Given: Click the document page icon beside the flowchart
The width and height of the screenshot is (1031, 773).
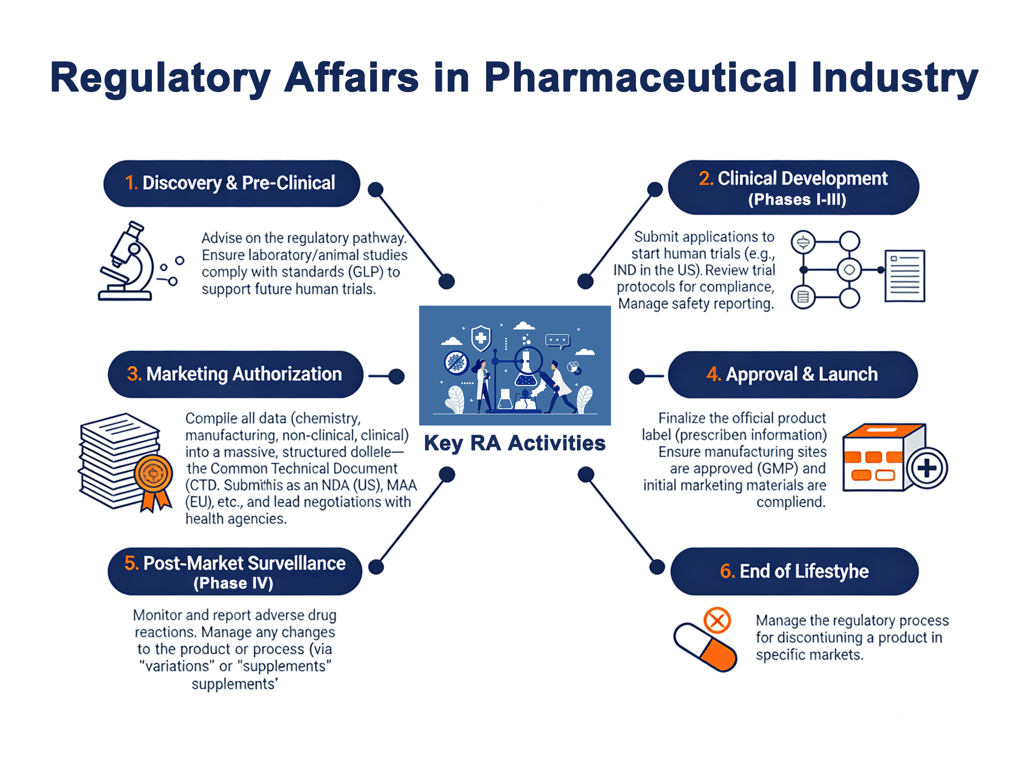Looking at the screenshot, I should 904,276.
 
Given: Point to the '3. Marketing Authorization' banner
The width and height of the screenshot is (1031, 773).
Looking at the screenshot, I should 236,374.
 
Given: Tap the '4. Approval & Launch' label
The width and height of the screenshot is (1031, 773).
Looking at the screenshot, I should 792,374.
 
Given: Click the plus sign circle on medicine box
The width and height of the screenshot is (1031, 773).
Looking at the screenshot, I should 927,468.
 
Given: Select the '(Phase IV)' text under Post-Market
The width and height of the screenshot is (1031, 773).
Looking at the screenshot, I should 233,583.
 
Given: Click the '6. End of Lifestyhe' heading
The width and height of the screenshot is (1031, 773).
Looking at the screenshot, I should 794,571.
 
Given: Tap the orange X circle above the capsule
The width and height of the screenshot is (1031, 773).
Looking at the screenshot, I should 717,620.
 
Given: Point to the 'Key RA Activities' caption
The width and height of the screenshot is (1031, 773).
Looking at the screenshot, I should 515,443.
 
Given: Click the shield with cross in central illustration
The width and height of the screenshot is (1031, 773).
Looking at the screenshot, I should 481,338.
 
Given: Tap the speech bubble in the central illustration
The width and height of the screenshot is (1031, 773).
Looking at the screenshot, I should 557,341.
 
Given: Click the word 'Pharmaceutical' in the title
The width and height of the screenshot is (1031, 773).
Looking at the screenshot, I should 640,77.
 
